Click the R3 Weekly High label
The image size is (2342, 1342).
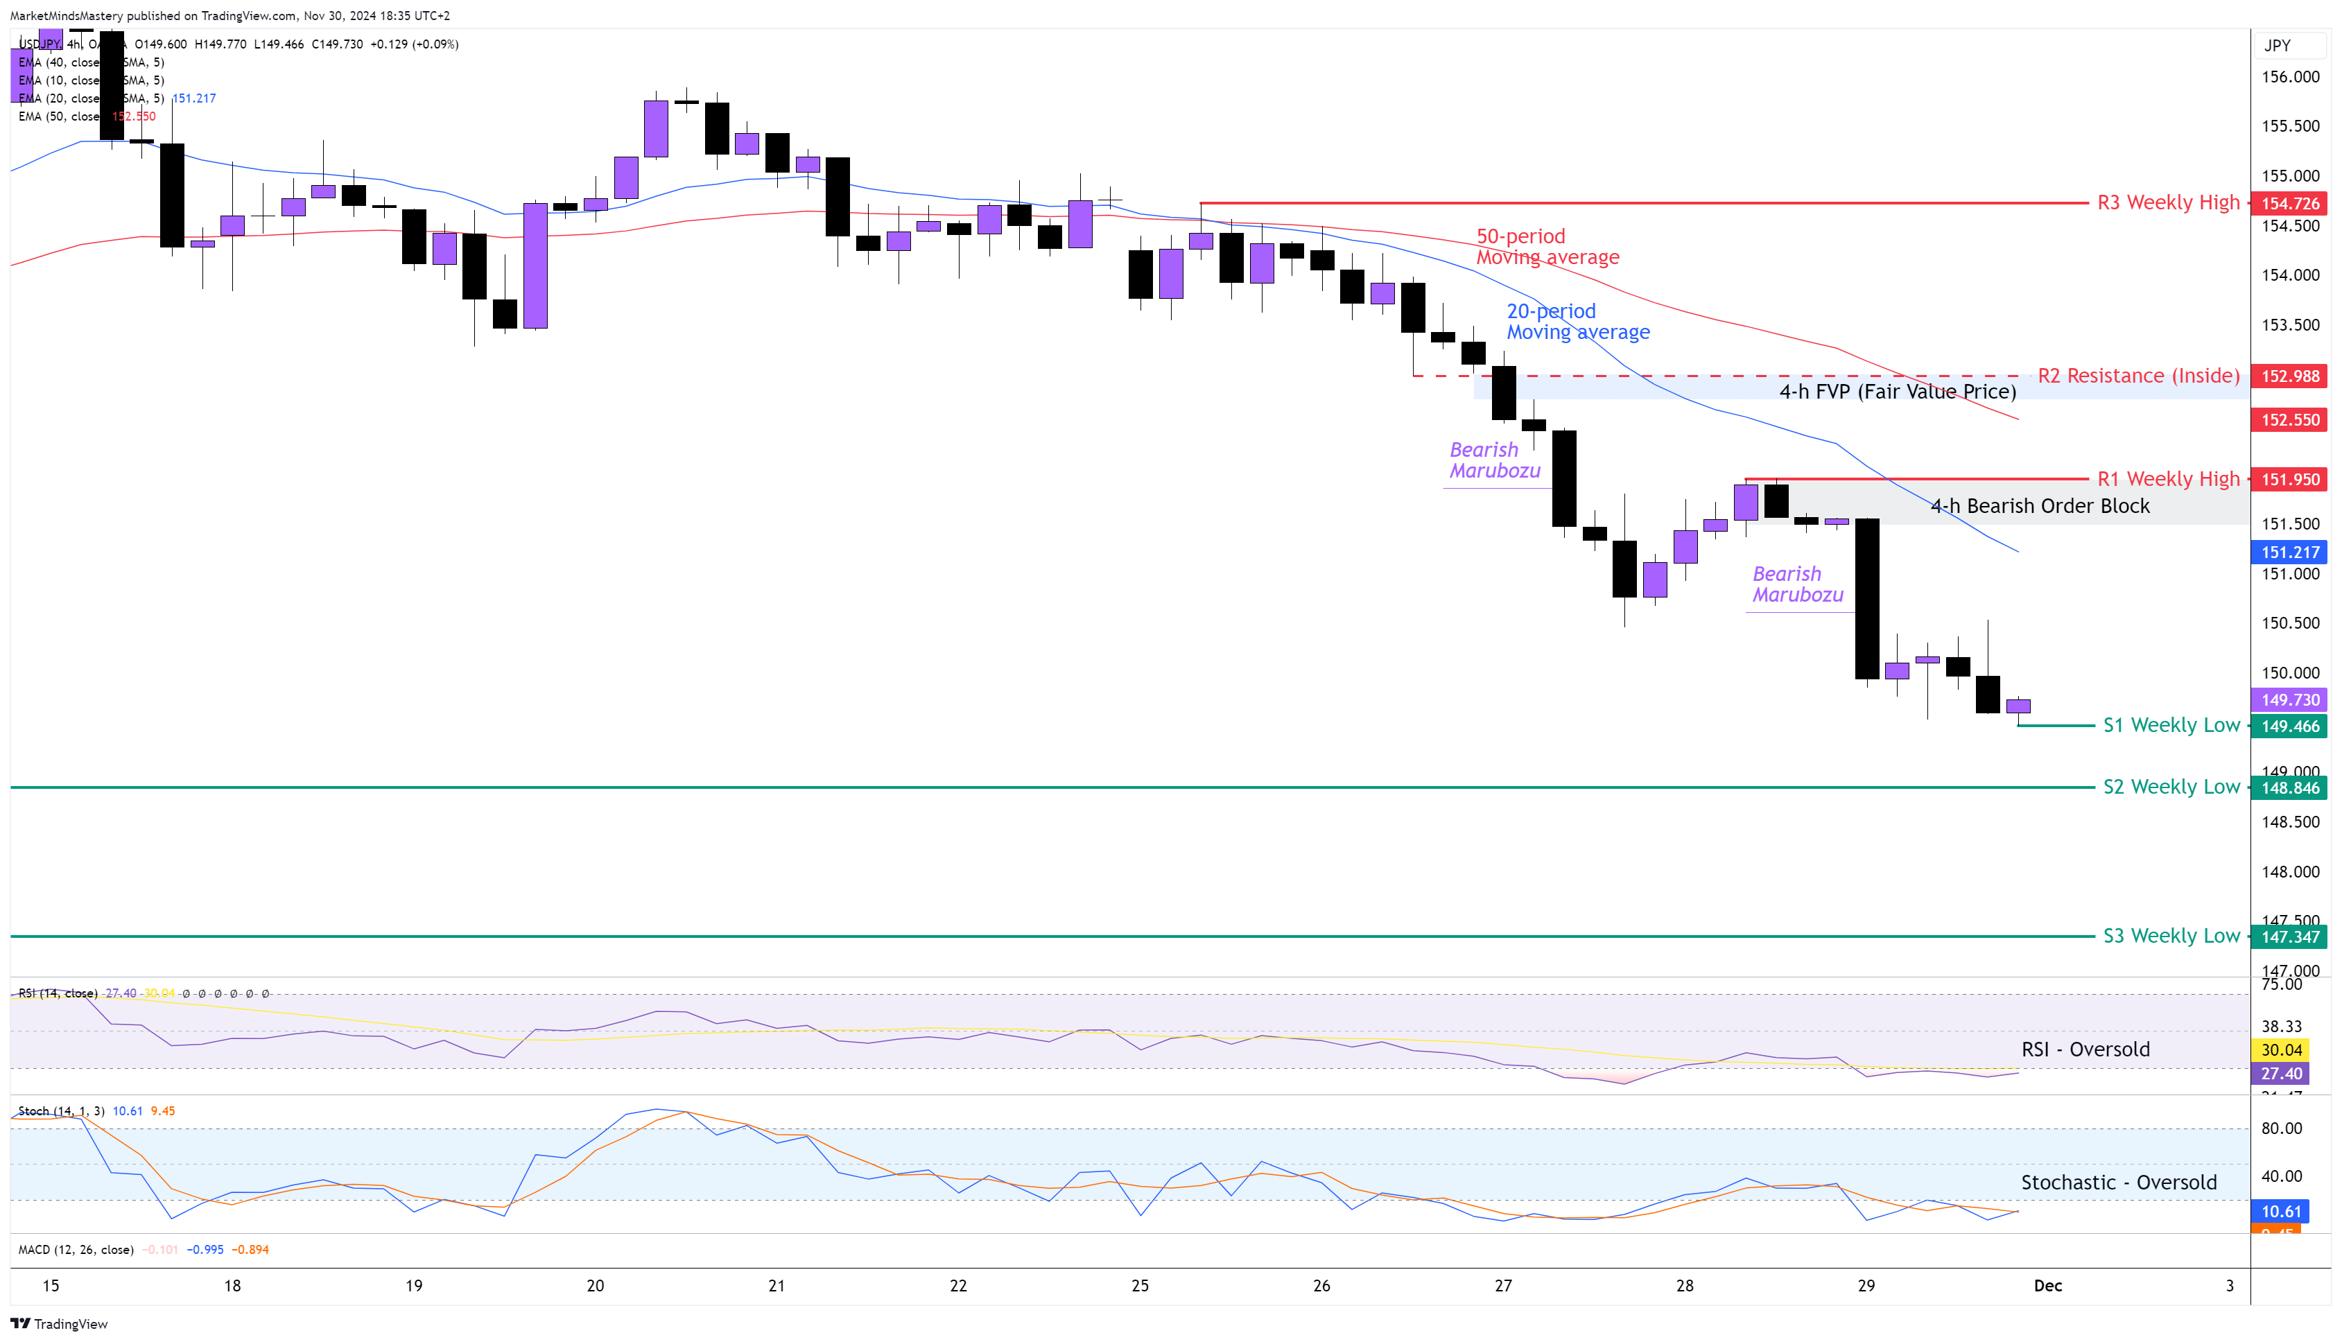2168,203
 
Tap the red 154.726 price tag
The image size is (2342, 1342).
2289,204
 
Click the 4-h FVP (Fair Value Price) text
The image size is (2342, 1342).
1897,392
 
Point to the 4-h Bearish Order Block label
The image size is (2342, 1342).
2039,506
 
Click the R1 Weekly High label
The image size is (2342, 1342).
2168,479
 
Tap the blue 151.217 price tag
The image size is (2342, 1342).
2289,552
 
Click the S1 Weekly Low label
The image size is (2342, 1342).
2171,725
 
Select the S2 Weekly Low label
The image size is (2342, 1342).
2171,787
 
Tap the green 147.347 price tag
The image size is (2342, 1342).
2289,937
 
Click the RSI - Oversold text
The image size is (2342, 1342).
2085,1049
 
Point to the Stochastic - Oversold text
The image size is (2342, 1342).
2118,1183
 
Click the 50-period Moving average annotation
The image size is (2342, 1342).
1547,247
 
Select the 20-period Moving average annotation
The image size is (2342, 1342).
1577,322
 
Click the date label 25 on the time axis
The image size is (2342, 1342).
1139,1286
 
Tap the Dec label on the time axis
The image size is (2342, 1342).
2047,1286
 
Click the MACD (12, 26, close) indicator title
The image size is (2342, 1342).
76,1250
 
